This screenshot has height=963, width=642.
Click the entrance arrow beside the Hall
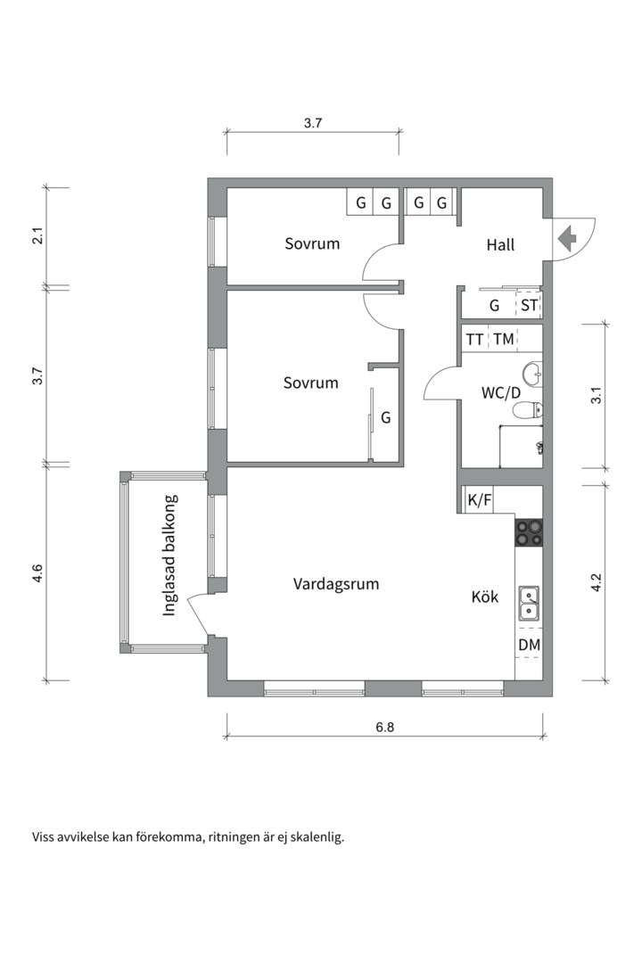[x=566, y=238]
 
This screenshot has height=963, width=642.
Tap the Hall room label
[x=500, y=245]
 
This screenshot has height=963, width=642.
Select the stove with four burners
[x=529, y=532]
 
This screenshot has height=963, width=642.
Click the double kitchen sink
[x=529, y=603]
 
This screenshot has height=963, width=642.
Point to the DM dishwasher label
[x=529, y=645]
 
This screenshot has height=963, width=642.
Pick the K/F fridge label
[x=479, y=500]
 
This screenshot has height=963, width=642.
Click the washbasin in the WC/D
[x=532, y=372]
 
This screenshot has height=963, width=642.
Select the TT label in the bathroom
[x=474, y=340]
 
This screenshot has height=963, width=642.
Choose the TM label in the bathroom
[x=503, y=339]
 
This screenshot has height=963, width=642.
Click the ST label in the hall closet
[x=529, y=305]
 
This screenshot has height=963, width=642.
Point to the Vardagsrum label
[x=336, y=583]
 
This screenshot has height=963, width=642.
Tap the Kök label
[x=485, y=597]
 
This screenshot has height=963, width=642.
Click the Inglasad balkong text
[x=170, y=556]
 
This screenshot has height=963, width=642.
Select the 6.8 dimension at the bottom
[x=384, y=728]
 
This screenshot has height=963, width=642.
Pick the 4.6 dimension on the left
[x=38, y=572]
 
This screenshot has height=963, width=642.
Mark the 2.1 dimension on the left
[x=38, y=235]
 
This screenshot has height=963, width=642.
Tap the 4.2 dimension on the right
[x=596, y=582]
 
